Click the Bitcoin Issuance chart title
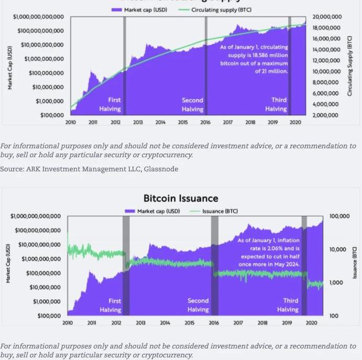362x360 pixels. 181,198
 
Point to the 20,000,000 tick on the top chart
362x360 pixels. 326,17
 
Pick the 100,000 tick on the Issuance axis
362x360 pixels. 339,216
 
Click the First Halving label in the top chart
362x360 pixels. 111,104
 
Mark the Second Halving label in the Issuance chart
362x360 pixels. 198,305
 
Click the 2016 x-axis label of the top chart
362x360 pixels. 205,123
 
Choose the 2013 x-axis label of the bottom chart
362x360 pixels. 140,323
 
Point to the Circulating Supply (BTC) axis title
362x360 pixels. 350,66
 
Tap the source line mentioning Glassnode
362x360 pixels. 89,169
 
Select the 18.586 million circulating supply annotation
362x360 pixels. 254,59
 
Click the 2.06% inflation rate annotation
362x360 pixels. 269,253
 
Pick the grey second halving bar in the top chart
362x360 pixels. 206,66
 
